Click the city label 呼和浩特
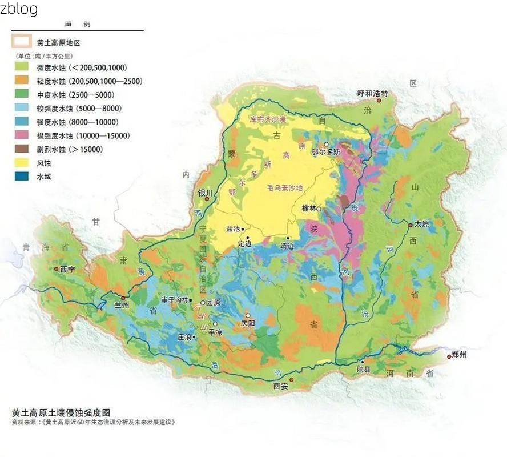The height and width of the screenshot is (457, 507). click(x=372, y=94)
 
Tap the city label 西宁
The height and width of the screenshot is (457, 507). click(x=67, y=268)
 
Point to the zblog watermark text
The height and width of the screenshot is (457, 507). click(x=19, y=9)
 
